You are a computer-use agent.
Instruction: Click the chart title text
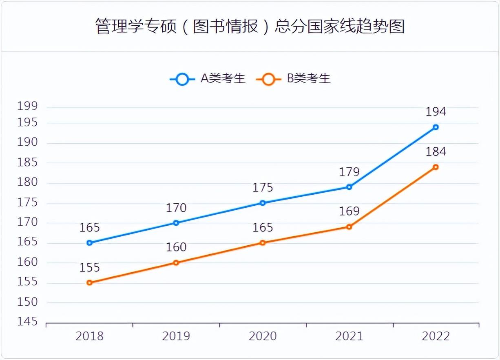tap(250, 26)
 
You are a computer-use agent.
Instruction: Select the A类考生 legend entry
tap(208, 78)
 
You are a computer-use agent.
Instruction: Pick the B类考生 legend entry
tap(293, 78)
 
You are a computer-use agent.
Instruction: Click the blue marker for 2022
tap(436, 127)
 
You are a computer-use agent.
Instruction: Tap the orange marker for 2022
tap(436, 167)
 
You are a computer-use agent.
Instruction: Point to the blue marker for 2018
tap(90, 243)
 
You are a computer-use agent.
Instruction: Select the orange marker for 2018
tap(90, 282)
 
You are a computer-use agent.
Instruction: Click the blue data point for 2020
tap(263, 203)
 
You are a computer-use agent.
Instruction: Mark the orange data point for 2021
tap(349, 227)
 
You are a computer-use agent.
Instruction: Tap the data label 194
tap(436, 112)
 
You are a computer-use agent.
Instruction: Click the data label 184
tap(436, 152)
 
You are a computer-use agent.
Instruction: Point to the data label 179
tap(349, 172)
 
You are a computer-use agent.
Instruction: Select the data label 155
tap(90, 268)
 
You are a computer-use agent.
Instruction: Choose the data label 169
tap(349, 211)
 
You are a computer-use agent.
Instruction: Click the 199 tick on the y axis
tap(27, 107)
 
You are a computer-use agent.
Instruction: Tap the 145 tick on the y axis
tap(27, 322)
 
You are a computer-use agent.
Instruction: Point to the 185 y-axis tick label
tap(27, 163)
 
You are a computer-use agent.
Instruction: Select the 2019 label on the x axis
tap(176, 336)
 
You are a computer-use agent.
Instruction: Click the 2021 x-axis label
tap(349, 336)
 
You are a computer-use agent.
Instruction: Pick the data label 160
tap(176, 247)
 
